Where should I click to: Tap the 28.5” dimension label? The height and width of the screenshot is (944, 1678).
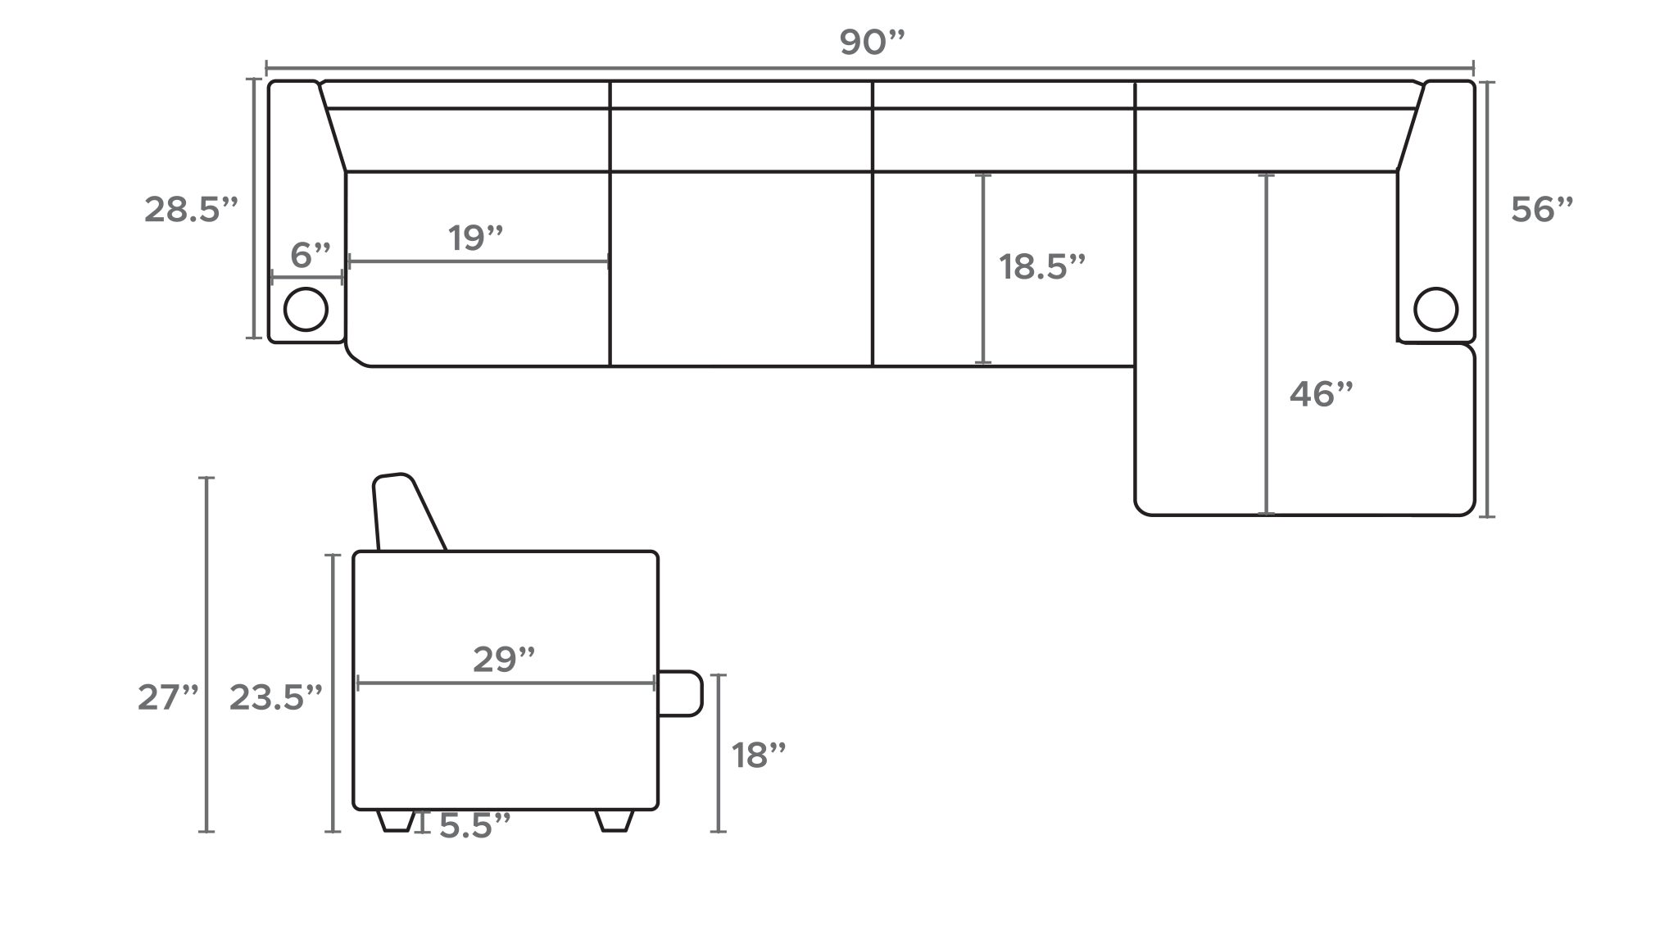pyautogui.click(x=191, y=210)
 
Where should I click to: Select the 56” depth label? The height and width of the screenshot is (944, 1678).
pyautogui.click(x=1542, y=210)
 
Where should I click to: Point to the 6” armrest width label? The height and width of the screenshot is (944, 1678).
pyautogui.click(x=311, y=255)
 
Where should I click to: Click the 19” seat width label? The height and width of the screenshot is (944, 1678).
pyautogui.click(x=475, y=238)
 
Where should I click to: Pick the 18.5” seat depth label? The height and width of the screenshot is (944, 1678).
pyautogui.click(x=1041, y=267)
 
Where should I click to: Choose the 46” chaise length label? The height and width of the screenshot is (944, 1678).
pyautogui.click(x=1321, y=395)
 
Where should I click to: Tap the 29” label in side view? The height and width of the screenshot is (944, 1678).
pyautogui.click(x=504, y=660)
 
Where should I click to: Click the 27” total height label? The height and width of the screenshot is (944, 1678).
pyautogui.click(x=168, y=698)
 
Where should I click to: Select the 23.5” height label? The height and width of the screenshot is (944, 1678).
pyautogui.click(x=276, y=698)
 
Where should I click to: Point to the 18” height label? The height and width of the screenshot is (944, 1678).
pyautogui.click(x=758, y=756)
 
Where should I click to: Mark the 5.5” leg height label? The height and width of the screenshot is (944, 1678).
pyautogui.click(x=474, y=826)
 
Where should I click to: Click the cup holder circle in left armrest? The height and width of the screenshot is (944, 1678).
pyautogui.click(x=306, y=310)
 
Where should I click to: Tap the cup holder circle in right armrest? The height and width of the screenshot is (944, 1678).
pyautogui.click(x=1435, y=309)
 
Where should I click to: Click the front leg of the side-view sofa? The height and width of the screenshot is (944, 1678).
pyautogui.click(x=615, y=820)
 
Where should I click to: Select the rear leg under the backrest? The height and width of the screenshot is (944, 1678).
pyautogui.click(x=397, y=820)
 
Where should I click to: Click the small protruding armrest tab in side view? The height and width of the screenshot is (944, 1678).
pyautogui.click(x=681, y=693)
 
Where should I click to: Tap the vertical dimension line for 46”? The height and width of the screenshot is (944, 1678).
pyautogui.click(x=1267, y=344)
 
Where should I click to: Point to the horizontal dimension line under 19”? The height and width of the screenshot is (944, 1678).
pyautogui.click(x=478, y=262)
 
